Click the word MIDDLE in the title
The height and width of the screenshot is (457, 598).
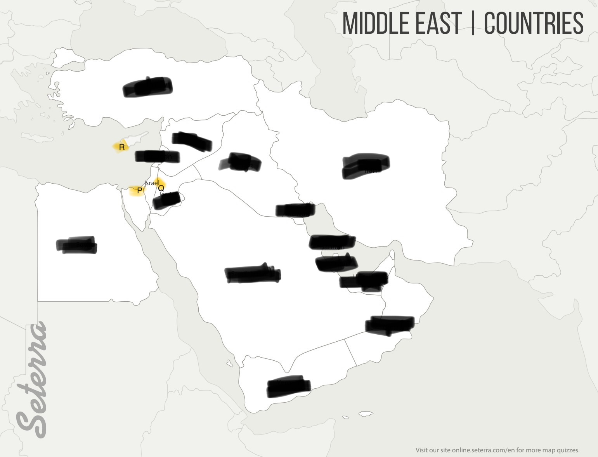[x=374, y=23]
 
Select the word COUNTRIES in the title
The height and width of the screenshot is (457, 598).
[x=534, y=23]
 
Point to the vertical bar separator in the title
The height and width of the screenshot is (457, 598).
[x=473, y=23]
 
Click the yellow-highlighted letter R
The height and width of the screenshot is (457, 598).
[x=122, y=147]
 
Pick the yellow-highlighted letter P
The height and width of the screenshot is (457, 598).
[x=139, y=191]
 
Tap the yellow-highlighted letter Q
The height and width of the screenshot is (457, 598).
[x=161, y=188]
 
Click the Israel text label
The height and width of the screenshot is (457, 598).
[x=151, y=183]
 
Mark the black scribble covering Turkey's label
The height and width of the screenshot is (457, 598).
[x=148, y=87]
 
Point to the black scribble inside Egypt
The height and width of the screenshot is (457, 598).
[x=77, y=245]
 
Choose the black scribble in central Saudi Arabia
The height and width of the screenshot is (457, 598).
[x=253, y=273]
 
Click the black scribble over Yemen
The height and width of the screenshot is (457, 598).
[x=288, y=386]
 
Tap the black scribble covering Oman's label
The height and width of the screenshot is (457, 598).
[x=390, y=325]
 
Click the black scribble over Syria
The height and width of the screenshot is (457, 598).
[x=192, y=141]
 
